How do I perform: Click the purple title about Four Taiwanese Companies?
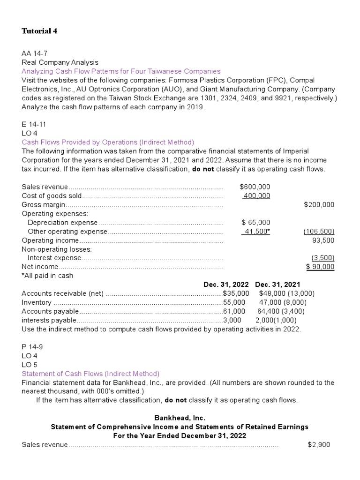click(121, 71)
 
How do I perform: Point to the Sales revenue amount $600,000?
click(255, 187)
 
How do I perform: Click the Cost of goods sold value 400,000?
click(256, 195)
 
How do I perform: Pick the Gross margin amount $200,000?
click(319, 204)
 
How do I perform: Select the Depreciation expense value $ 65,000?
click(255, 222)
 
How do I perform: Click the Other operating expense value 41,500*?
click(256, 231)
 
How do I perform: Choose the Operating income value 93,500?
click(323, 240)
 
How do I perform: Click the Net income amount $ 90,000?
click(320, 267)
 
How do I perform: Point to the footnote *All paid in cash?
click(47, 276)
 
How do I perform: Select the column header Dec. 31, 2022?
click(226, 285)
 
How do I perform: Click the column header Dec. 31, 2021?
click(277, 285)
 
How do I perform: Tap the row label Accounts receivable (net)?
click(62, 293)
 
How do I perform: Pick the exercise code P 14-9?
click(34, 346)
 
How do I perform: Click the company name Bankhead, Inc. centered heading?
click(180, 417)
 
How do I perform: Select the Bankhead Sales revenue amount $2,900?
click(319, 444)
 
